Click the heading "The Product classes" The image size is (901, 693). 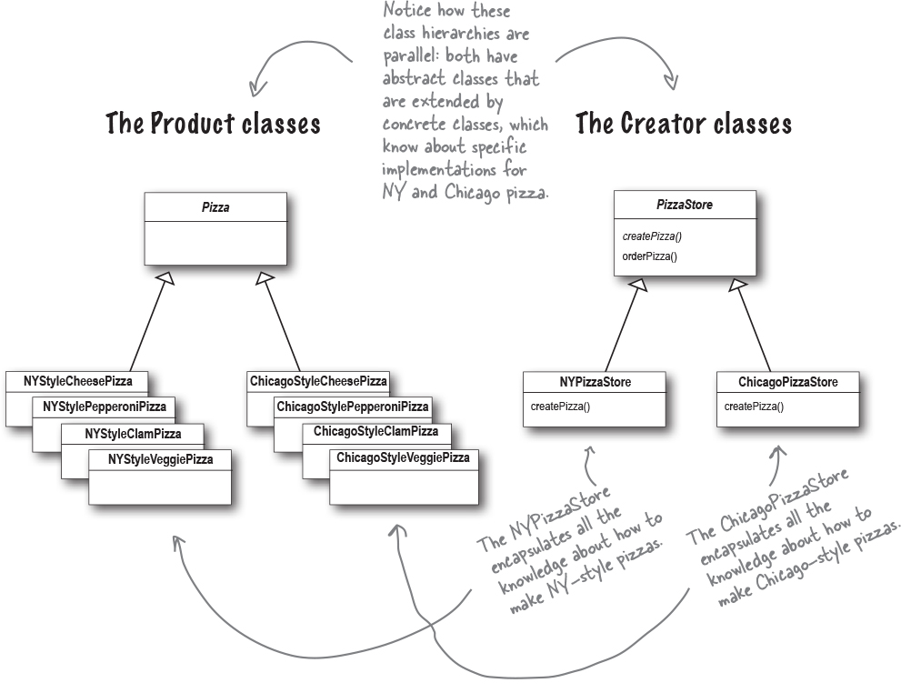coord(213,123)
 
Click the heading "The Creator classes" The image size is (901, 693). coord(683,123)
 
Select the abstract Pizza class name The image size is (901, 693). coord(215,207)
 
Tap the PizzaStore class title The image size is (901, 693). coord(684,206)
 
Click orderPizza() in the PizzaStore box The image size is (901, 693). coord(650,256)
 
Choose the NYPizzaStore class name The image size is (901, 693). coord(595,382)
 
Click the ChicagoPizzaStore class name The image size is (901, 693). coord(788,382)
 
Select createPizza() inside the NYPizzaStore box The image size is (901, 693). coord(560,406)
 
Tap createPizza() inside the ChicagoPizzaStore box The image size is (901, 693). coord(754,406)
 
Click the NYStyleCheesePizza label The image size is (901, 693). coord(77,381)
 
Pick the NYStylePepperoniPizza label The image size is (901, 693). coord(105,407)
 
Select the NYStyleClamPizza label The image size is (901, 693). coord(133,433)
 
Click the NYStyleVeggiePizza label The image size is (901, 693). coord(160,459)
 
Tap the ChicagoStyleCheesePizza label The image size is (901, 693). coord(318,381)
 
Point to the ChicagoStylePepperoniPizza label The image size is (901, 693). coord(352,407)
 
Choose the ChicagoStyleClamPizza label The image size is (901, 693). coord(375,431)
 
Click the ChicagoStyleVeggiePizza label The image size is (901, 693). coord(403,457)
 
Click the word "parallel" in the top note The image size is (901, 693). coord(409,56)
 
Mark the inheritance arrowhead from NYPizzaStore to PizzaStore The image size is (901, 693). coord(639,286)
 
